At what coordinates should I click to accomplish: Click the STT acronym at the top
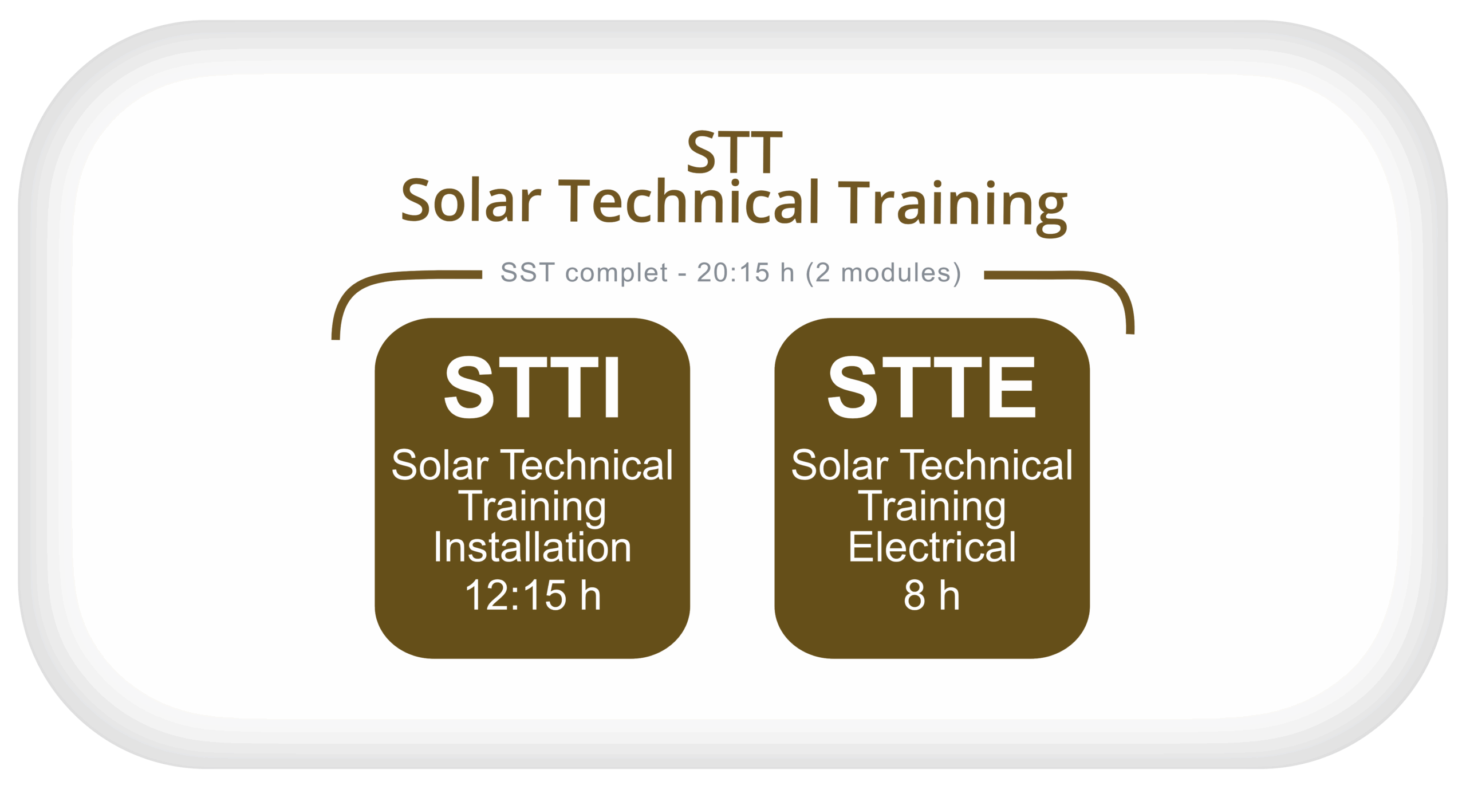(x=734, y=152)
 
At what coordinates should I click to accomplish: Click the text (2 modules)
(x=883, y=273)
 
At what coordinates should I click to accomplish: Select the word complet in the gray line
(x=616, y=273)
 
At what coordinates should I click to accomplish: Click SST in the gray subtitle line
(x=527, y=273)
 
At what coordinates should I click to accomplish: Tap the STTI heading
(x=532, y=388)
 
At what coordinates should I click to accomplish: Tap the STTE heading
(x=932, y=388)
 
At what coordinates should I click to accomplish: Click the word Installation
(x=532, y=547)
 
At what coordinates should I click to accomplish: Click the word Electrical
(x=932, y=547)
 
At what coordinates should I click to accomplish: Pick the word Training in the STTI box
(x=532, y=507)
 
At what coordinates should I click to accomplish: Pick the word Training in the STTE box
(x=932, y=507)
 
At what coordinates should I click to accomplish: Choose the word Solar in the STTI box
(x=440, y=465)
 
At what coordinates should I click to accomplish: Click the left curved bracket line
(x=366, y=286)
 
